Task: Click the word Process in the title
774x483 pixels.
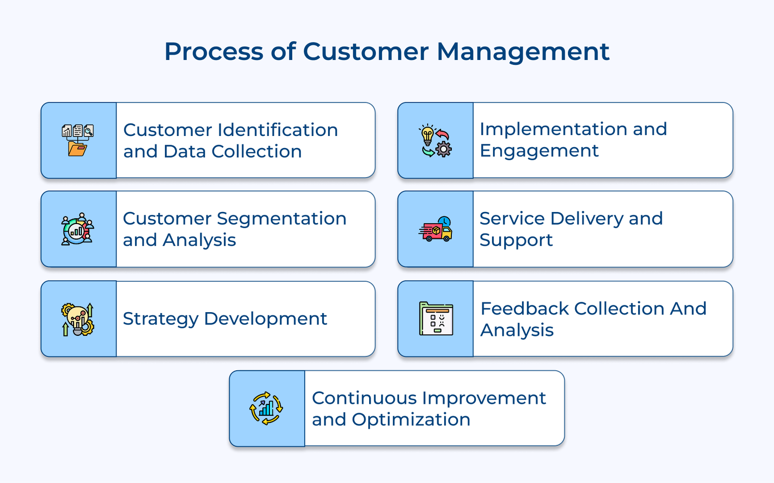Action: (213, 52)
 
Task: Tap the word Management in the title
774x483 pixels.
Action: (523, 52)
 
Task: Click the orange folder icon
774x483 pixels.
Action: (77, 149)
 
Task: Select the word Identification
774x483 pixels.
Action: (278, 130)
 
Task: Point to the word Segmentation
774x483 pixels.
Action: (282, 218)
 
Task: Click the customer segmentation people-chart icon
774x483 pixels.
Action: (77, 229)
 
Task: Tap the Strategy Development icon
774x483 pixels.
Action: (77, 319)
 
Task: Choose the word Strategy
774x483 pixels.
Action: (161, 319)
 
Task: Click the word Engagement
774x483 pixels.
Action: (539, 151)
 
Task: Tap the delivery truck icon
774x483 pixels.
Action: (435, 229)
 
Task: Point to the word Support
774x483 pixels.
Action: (516, 240)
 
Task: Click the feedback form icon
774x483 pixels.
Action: (436, 318)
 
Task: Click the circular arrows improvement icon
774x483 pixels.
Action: (266, 408)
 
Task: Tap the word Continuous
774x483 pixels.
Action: (364, 398)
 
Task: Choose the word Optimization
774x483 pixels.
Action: (411, 420)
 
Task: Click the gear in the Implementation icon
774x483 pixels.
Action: (444, 149)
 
